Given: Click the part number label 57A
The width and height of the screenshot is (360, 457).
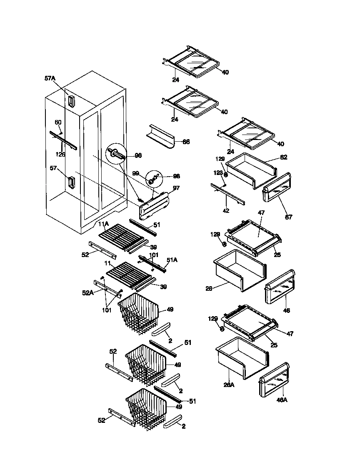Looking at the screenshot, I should pos(50,78).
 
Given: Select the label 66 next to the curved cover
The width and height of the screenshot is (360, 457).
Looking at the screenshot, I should pos(186,142).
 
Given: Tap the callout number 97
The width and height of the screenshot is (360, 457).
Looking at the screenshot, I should pos(176,188).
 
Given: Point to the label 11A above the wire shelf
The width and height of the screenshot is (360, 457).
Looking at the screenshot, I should pos(103,224).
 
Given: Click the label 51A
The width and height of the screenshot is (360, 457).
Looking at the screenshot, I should pos(172,260).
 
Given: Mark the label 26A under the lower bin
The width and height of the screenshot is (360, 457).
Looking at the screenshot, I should pos(229,385).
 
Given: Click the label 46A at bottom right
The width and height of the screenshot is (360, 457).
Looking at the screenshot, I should pos(282,400).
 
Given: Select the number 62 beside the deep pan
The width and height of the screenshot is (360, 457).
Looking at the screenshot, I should pos(284,157).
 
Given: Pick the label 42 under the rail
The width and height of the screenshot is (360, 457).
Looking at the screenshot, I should pos(226,211).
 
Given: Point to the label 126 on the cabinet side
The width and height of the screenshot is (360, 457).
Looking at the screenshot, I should pos(60,154).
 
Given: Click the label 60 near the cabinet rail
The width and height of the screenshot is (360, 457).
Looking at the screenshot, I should pos(58,122).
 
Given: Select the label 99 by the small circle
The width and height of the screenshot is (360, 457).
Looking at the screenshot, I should pos(135,173).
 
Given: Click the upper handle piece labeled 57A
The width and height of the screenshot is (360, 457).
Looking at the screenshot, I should pos(71,100).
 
